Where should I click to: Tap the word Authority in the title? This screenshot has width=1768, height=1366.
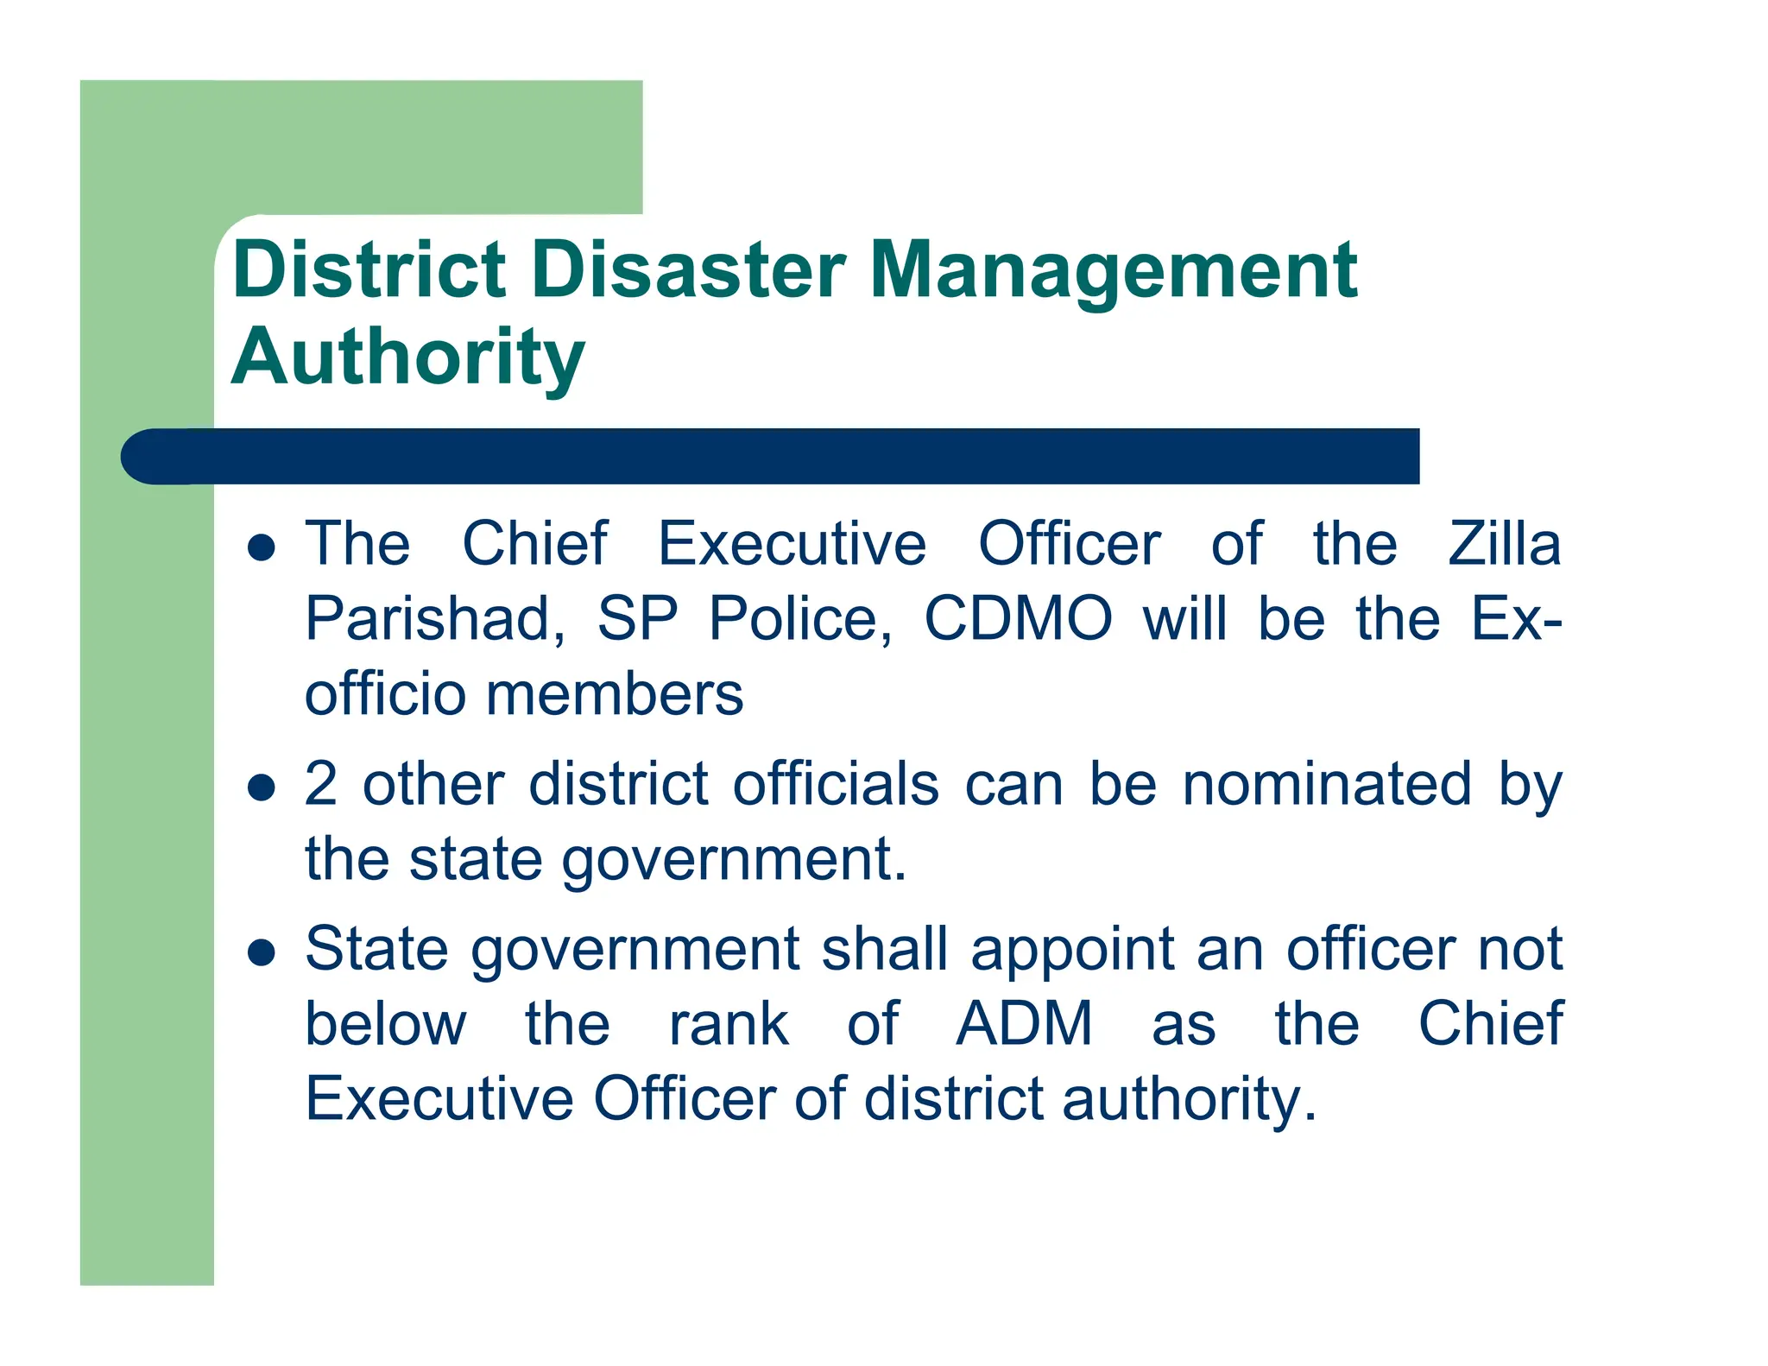pyautogui.click(x=407, y=358)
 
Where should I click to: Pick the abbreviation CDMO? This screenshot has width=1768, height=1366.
pyautogui.click(x=1018, y=619)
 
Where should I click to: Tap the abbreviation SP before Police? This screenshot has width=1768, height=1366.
pyautogui.click(x=637, y=619)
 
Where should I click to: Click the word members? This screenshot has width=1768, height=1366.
pyautogui.click(x=614, y=694)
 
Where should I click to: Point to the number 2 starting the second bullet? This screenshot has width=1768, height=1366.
pyautogui.click(x=321, y=784)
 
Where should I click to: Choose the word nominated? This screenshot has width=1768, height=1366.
pyautogui.click(x=1327, y=784)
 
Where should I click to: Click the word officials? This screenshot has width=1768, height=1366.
pyautogui.click(x=836, y=784)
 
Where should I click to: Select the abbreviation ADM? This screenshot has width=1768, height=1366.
pyautogui.click(x=1024, y=1024)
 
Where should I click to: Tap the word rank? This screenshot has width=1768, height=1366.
pyautogui.click(x=729, y=1024)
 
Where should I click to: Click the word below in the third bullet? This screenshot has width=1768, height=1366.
pyautogui.click(x=386, y=1024)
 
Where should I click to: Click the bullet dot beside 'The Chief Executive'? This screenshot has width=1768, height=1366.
pyautogui.click(x=261, y=547)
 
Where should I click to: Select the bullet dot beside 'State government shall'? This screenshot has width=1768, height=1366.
pyautogui.click(x=261, y=952)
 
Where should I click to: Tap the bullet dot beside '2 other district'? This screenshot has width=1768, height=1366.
pyautogui.click(x=261, y=787)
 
